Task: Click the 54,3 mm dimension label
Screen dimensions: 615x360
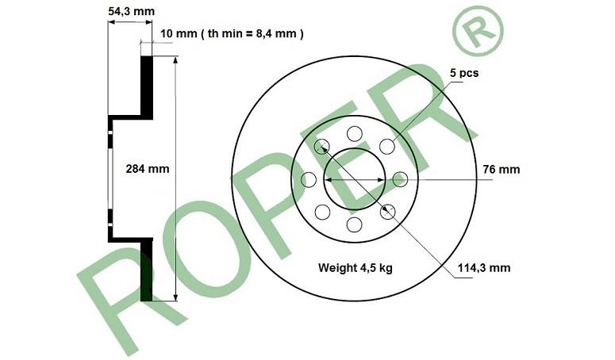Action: (132, 11)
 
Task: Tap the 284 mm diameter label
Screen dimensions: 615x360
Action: (148, 169)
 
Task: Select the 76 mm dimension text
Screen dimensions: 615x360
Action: (502, 169)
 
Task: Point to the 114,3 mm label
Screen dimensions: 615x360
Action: (484, 268)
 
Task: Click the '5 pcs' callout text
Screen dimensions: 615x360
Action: (464, 73)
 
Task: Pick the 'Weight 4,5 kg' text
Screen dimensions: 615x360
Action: (356, 268)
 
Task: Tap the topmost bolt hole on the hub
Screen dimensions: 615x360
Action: (355, 134)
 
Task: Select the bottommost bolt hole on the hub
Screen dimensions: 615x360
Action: (355, 225)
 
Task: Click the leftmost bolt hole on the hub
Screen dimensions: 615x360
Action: (309, 180)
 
